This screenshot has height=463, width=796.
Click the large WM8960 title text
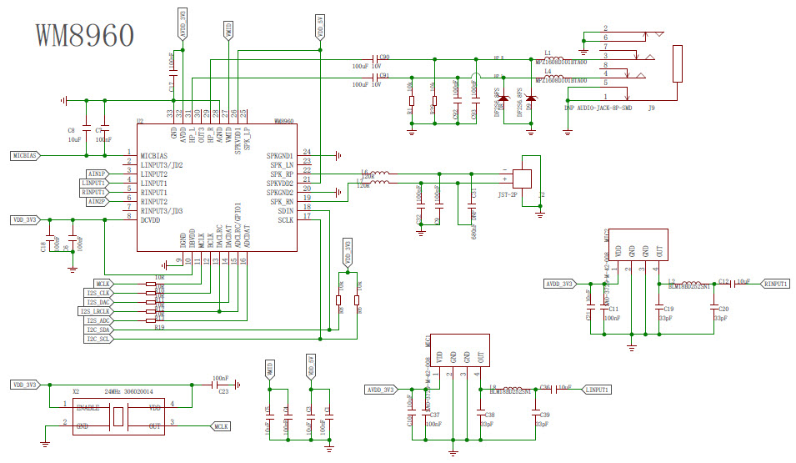click(x=84, y=35)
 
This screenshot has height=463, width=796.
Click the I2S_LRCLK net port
click(x=95, y=311)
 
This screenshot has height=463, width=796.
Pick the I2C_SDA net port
click(x=98, y=330)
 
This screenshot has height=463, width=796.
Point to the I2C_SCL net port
click(x=98, y=340)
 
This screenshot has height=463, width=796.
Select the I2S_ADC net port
click(x=98, y=320)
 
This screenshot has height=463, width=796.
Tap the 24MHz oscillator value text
click(x=117, y=390)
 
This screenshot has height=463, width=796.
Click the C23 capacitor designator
click(x=223, y=390)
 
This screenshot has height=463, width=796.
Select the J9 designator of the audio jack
click(x=651, y=108)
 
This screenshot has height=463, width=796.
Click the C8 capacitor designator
click(x=71, y=130)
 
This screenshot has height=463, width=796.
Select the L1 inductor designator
click(x=548, y=52)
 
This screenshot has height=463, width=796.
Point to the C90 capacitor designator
click(x=384, y=58)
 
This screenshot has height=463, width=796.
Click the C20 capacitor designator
click(x=723, y=309)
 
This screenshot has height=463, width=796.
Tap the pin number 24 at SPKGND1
click(x=307, y=152)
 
